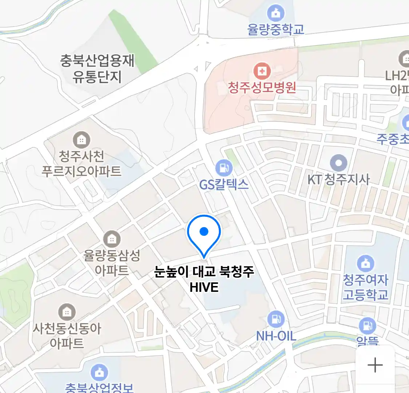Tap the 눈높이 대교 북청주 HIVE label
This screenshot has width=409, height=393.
click(x=204, y=279)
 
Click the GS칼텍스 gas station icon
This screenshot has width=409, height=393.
click(x=224, y=168)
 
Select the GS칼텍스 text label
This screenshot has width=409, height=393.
click(x=224, y=184)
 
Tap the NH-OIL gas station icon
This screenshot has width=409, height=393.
click(x=276, y=319)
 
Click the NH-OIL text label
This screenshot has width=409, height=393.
click(x=276, y=336)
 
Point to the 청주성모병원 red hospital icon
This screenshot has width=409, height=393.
click(x=262, y=71)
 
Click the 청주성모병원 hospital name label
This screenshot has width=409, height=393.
click(x=262, y=87)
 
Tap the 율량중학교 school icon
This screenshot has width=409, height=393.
click(x=276, y=13)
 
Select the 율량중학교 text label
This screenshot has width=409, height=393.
click(x=276, y=30)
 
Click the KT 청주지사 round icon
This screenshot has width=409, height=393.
click(x=338, y=163)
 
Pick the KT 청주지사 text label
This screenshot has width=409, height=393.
click(x=338, y=179)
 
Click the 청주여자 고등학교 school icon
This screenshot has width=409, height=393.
click(x=365, y=263)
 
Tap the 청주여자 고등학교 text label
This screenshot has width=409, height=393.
click(x=365, y=287)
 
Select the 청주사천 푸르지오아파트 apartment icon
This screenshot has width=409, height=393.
click(x=81, y=139)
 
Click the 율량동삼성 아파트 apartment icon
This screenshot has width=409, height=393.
click(x=112, y=239)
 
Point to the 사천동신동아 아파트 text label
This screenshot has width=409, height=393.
click(x=67, y=336)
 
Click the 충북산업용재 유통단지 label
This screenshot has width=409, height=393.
click(x=97, y=68)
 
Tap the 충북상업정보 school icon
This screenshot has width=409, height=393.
click(x=99, y=372)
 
